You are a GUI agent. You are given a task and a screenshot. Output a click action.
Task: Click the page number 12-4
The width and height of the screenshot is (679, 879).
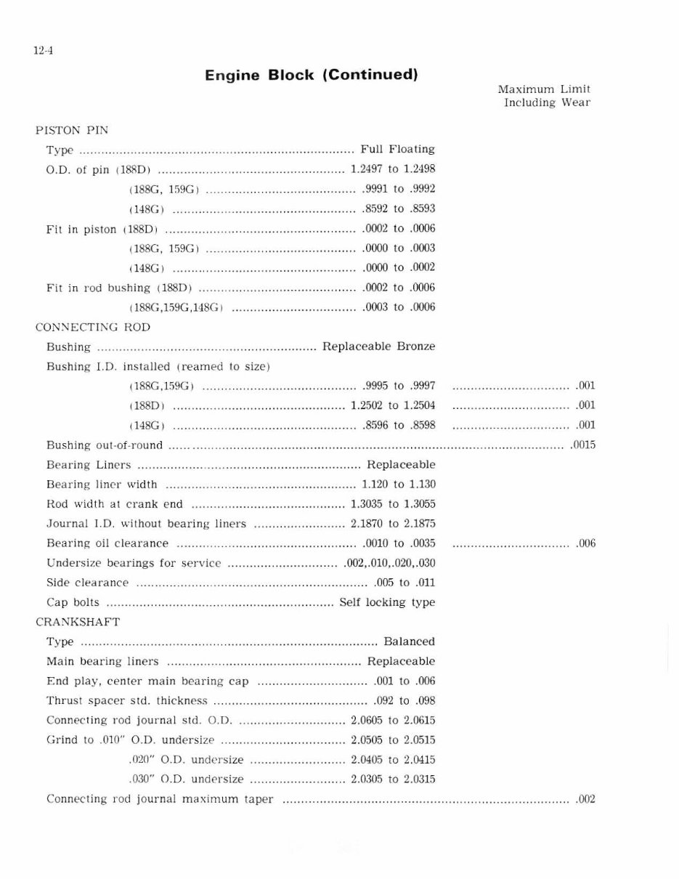click(43, 51)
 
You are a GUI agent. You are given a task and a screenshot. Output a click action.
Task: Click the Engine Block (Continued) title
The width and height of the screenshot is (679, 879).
click(311, 75)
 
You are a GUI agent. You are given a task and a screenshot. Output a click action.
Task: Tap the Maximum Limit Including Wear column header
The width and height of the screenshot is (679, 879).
click(545, 96)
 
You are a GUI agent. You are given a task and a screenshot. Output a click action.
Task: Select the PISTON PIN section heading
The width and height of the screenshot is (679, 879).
click(72, 130)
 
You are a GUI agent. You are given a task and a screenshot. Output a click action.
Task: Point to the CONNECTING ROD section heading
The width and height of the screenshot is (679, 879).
click(93, 327)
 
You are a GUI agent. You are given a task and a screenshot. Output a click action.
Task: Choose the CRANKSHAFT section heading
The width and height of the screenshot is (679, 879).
click(78, 622)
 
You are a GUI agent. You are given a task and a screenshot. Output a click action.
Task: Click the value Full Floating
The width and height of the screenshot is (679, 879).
click(397, 149)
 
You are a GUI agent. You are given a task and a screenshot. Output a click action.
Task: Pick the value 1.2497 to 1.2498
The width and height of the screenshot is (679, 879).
click(392, 169)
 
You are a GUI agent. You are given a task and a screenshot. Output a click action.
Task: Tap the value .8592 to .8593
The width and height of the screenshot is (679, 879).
click(398, 208)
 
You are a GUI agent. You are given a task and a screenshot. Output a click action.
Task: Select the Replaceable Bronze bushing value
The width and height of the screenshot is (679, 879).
click(378, 347)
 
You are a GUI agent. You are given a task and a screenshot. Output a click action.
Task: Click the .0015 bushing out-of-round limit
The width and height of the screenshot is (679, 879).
click(583, 445)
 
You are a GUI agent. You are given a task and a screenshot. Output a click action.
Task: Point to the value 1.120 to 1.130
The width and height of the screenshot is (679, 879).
click(398, 484)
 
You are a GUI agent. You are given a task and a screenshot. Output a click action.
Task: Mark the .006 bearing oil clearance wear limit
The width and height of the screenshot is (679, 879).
click(585, 543)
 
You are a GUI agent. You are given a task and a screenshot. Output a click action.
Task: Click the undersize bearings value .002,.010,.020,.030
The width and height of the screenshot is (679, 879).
click(389, 562)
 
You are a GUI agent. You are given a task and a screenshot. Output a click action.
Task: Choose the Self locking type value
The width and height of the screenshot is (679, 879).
click(387, 602)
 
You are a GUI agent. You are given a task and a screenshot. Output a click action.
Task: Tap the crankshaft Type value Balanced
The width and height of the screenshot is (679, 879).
click(409, 641)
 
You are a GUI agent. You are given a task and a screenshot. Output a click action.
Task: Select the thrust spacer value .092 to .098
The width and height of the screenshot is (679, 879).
click(404, 700)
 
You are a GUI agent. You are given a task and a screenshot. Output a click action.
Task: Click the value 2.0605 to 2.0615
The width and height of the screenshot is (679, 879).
click(392, 720)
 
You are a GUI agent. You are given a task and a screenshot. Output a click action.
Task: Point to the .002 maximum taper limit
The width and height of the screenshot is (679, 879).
click(585, 799)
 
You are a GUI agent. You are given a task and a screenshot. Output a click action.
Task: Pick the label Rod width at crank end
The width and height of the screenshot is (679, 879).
click(115, 503)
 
